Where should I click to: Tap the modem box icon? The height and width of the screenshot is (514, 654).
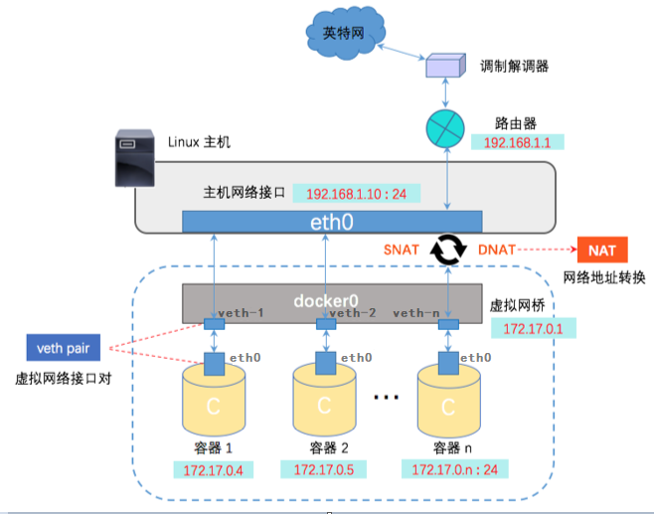pos(445,66)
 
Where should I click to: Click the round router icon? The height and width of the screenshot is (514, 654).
pos(445,127)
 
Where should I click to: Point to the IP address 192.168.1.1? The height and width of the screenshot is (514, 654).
pos(517,143)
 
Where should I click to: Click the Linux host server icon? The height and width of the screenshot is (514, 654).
pos(136,157)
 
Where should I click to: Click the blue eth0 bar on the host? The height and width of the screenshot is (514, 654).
pos(333,222)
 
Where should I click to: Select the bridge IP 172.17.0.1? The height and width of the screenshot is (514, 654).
pos(533,327)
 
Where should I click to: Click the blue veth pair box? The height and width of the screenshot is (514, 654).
pos(64,347)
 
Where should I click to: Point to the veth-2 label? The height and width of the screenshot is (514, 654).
pos(353,313)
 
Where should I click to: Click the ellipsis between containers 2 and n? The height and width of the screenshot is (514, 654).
pos(386,397)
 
